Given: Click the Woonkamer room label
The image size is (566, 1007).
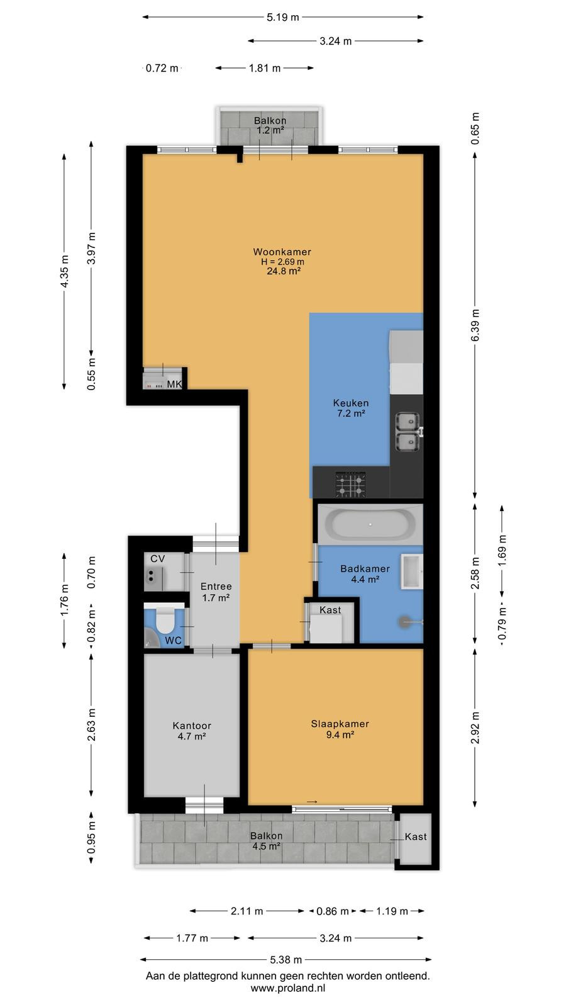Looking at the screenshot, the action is [282, 252].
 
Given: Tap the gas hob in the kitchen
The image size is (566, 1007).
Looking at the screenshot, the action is [351, 484].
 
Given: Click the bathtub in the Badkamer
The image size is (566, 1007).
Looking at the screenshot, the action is [370, 524].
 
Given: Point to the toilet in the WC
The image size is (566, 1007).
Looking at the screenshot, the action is [164, 619].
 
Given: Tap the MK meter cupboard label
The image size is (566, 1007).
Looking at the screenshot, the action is [174, 385].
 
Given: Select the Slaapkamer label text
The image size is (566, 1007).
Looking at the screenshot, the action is [340, 724].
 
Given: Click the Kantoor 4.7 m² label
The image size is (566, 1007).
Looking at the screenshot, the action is [192, 731].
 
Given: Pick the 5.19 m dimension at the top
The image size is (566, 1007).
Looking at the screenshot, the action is [282, 18].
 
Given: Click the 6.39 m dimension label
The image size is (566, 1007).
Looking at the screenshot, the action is [475, 325].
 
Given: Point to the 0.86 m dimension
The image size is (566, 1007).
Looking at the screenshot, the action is [333, 911].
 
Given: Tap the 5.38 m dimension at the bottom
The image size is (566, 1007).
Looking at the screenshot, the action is [286, 960].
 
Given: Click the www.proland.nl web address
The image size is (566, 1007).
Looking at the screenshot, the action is [288, 987].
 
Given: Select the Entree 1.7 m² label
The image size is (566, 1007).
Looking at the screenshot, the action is [216, 592].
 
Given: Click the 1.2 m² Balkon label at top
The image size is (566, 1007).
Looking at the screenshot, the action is [270, 130].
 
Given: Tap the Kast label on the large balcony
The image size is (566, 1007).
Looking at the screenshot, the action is [416, 836].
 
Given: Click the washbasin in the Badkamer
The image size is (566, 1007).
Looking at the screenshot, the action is [411, 571].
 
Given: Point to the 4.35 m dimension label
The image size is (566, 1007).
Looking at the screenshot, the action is [65, 271].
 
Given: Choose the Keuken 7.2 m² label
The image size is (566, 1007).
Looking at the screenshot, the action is [351, 408].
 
